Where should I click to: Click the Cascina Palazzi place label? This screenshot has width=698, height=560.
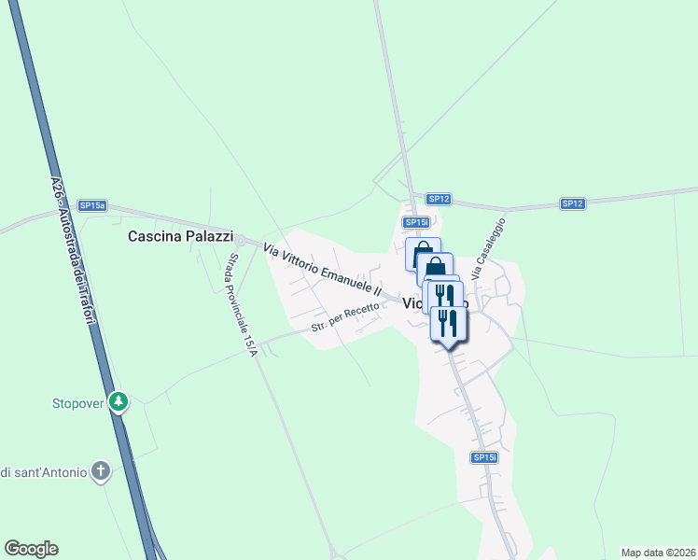click(180, 237)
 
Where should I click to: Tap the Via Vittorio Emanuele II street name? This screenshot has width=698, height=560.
click(322, 271)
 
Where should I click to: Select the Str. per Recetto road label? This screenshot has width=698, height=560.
click(345, 318)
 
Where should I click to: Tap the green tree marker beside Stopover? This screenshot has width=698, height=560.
click(119, 402)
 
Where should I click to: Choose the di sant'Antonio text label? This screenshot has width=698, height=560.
click(44, 472)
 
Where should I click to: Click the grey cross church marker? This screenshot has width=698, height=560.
click(102, 471)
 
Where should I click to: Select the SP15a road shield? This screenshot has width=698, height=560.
click(92, 205)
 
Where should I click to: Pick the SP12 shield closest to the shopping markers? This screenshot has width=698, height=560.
click(440, 199)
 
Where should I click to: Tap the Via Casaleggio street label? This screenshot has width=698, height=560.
click(488, 249)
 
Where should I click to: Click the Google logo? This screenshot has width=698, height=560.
click(31, 549)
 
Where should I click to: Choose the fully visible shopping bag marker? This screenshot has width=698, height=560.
click(423, 254)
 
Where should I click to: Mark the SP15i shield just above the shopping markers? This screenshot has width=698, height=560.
click(416, 222)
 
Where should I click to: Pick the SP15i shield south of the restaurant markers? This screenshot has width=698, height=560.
click(484, 456)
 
